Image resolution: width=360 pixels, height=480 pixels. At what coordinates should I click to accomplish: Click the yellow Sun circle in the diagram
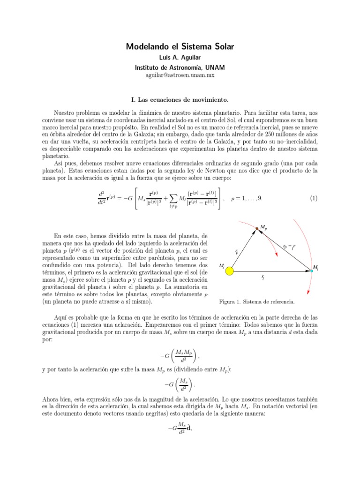tap(229, 270)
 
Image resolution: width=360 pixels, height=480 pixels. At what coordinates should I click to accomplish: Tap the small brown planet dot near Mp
tap(256, 228)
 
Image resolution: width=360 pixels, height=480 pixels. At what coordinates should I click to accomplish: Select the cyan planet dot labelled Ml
tap(312, 271)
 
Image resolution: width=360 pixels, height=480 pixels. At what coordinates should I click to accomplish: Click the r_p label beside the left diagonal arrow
tap(237, 251)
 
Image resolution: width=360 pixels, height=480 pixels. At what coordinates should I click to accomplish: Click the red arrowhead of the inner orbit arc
tap(276, 255)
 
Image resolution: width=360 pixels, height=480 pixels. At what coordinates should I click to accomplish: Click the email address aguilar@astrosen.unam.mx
tap(180, 75)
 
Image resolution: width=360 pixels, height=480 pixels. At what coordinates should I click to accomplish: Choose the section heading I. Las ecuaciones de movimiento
tap(180, 100)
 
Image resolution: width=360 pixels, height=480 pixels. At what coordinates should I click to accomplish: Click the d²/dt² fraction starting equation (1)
tap(102, 198)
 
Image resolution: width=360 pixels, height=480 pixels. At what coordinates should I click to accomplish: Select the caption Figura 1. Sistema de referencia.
tap(257, 301)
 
